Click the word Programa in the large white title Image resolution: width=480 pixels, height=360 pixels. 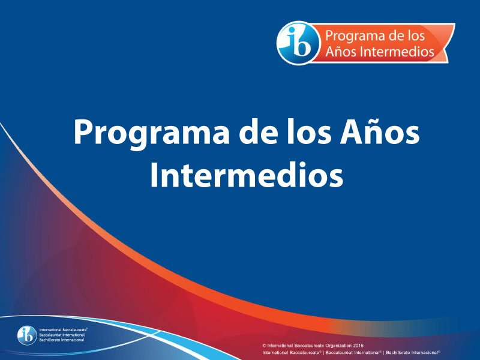(151, 133)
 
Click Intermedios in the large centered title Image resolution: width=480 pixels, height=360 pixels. (247, 174)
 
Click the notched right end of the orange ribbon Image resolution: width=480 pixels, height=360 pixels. (448, 43)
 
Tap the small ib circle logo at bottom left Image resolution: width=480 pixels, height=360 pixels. (27, 335)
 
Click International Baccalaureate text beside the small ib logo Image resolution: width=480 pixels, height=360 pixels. (63, 330)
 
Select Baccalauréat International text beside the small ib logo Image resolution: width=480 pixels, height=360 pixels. (62, 335)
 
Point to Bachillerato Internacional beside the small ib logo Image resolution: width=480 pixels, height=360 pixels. (62, 340)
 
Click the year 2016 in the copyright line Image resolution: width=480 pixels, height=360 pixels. (358, 346)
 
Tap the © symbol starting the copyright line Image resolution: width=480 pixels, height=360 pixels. (264, 346)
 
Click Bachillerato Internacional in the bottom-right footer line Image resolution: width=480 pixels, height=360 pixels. (413, 353)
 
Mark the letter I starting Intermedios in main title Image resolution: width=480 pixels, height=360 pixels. (154, 175)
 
